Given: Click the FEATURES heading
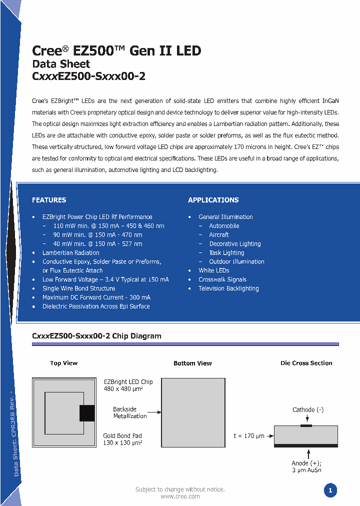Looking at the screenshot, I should [49, 200].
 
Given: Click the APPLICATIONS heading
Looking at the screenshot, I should [213, 200].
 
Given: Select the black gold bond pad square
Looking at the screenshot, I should [87, 413].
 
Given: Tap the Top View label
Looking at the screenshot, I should [63, 363].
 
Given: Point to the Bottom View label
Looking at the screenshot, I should [192, 363].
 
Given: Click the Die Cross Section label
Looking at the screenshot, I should [306, 363].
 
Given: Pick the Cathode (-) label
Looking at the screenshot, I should [308, 410].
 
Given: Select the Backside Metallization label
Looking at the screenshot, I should [129, 412].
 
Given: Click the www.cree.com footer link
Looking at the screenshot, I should [180, 496].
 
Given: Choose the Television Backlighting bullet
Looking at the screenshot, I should [228, 288].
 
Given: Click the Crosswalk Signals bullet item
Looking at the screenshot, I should [222, 279].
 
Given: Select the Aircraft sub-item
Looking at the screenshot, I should [219, 234].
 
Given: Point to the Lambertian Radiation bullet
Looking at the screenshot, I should [70, 252].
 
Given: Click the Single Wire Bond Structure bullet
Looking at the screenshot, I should [78, 288].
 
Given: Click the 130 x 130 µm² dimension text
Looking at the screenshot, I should [123, 443].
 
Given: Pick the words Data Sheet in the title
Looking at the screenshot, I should [61, 64].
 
